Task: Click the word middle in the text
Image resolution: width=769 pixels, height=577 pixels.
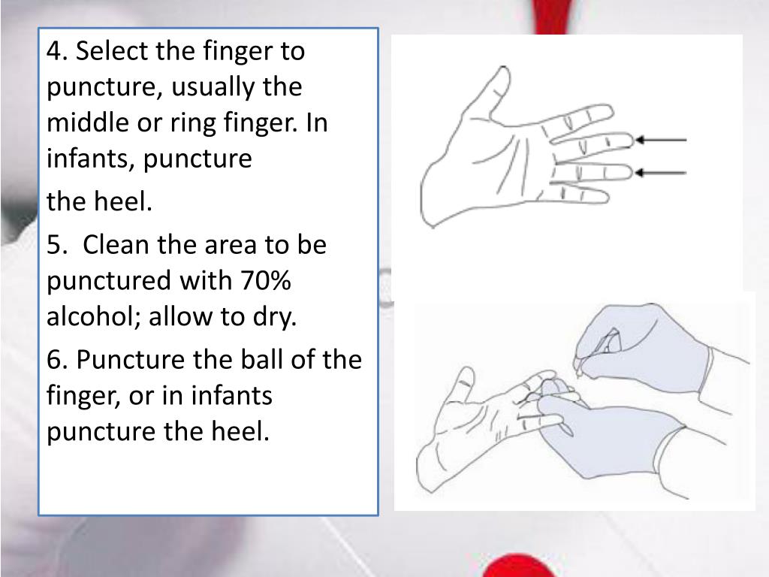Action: click(x=89, y=122)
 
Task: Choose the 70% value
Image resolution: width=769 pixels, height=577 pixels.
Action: click(x=265, y=280)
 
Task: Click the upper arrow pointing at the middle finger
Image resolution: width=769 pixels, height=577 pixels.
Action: click(x=661, y=140)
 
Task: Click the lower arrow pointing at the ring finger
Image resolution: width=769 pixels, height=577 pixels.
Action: click(x=661, y=173)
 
